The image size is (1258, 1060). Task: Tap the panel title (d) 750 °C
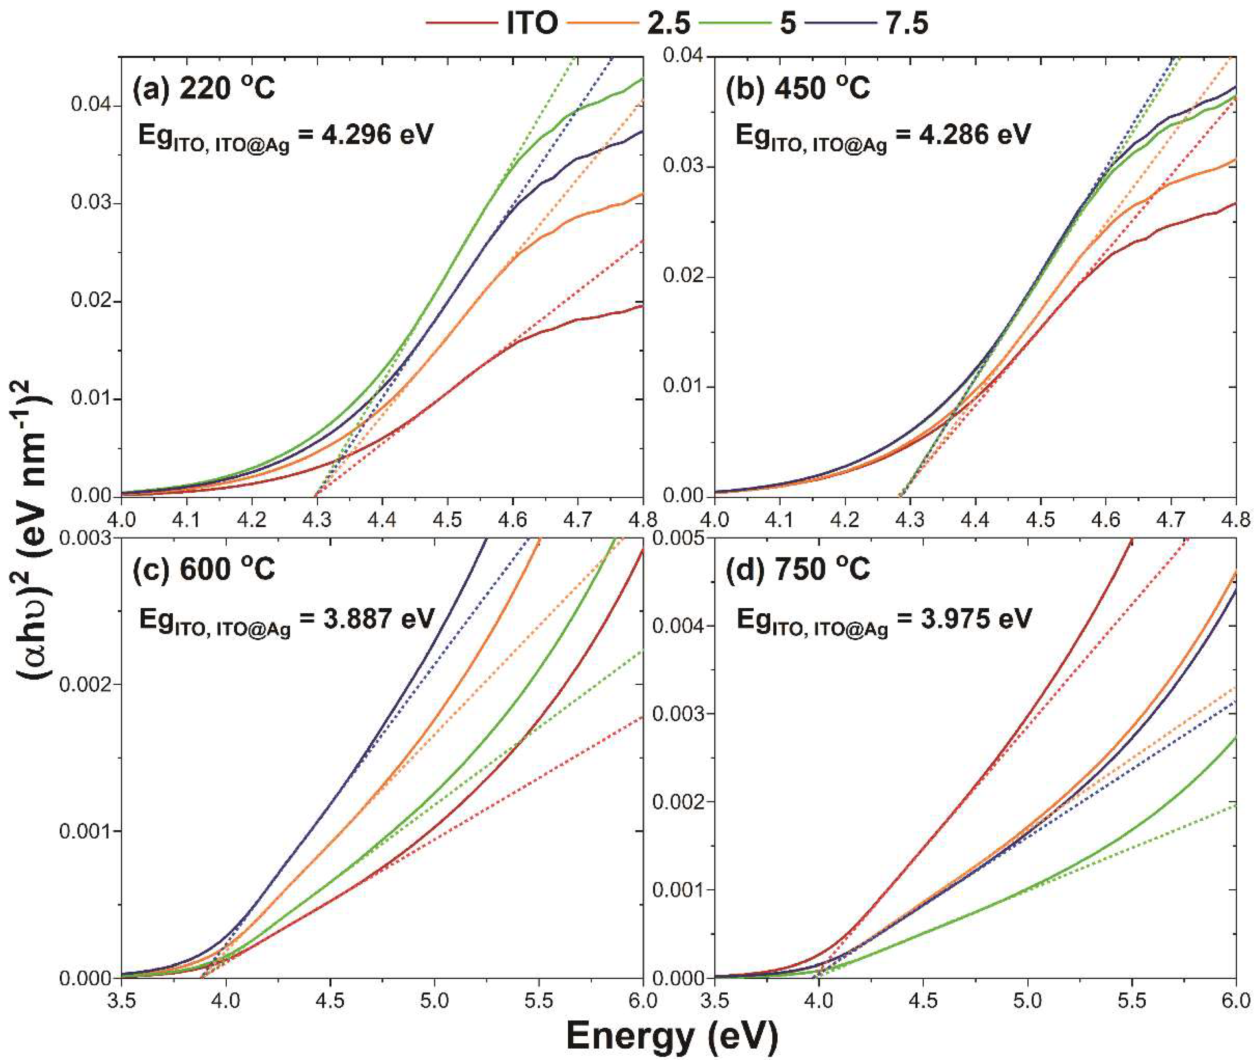tap(798, 568)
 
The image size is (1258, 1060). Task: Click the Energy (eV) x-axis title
tap(672, 1035)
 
